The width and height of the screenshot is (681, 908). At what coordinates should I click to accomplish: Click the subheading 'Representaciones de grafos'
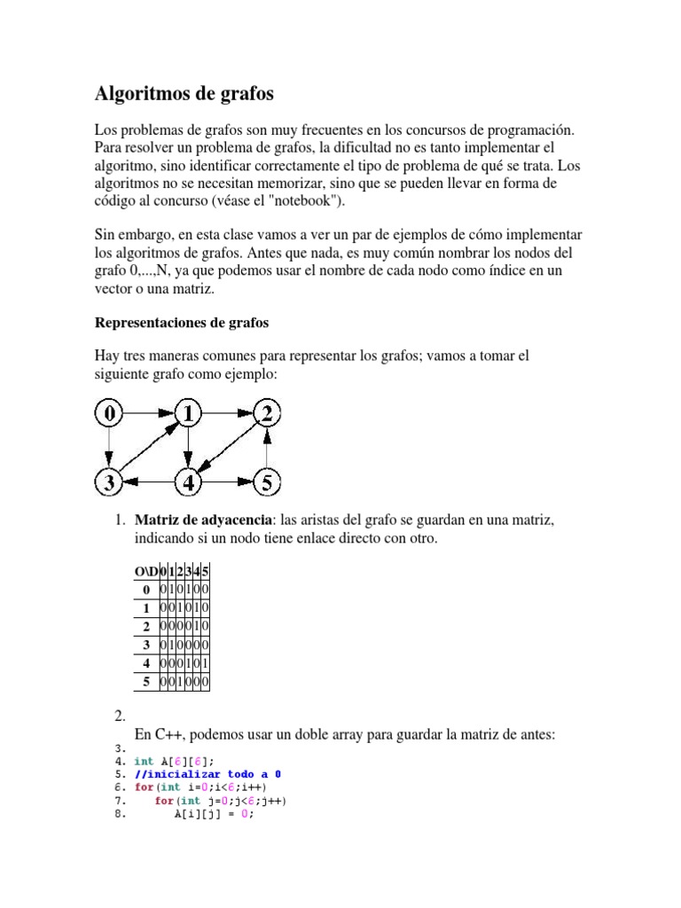(x=181, y=323)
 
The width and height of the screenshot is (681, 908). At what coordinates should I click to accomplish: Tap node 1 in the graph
(x=188, y=412)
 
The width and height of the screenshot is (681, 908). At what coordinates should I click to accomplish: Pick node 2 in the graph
(x=268, y=412)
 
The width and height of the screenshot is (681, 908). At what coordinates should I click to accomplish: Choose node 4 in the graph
(x=188, y=483)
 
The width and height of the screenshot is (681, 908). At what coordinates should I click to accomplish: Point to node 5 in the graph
(x=268, y=483)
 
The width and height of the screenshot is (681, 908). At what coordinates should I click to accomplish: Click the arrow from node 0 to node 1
(x=147, y=412)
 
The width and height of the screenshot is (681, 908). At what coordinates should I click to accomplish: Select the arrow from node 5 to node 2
(x=268, y=448)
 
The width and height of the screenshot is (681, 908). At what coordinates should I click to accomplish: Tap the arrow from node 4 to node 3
(x=147, y=483)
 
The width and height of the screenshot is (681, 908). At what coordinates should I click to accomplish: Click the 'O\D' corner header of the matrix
(x=145, y=571)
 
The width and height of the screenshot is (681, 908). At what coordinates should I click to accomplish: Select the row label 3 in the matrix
(x=145, y=645)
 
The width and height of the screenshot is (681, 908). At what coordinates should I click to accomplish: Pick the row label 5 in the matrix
(x=145, y=682)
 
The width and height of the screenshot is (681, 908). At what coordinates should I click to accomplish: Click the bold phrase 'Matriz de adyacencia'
(x=204, y=521)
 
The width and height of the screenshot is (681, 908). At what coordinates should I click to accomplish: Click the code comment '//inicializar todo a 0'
(x=207, y=774)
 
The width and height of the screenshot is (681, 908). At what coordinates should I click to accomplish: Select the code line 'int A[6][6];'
(x=174, y=761)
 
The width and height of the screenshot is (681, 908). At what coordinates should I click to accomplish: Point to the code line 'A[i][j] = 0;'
(x=214, y=815)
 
